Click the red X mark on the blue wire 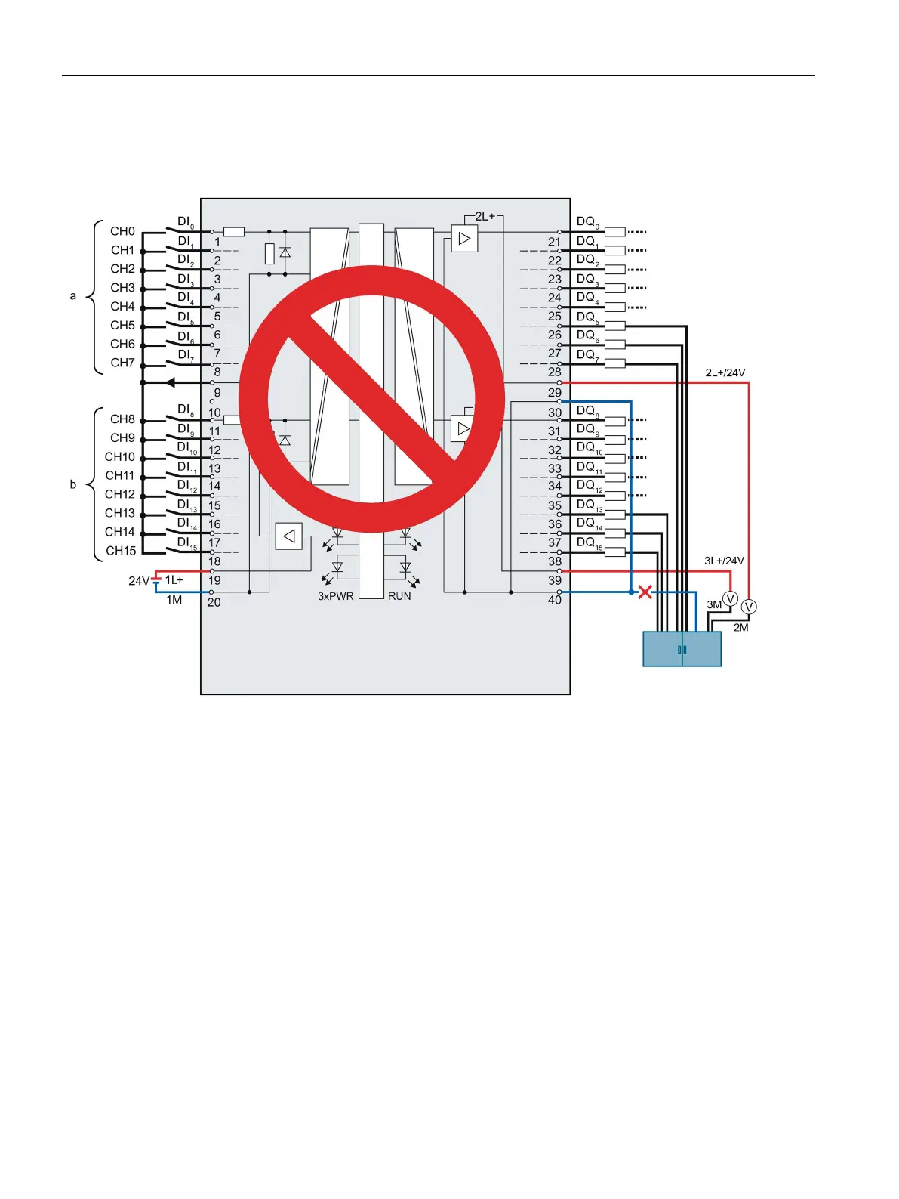click(645, 592)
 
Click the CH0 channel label click(122, 231)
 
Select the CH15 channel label click(121, 551)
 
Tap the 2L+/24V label click(725, 372)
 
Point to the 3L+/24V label click(724, 561)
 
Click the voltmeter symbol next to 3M click(730, 598)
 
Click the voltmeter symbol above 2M click(749, 607)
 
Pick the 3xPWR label click(335, 596)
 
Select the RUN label click(399, 596)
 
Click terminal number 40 click(555, 600)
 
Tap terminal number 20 click(214, 602)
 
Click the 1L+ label click(174, 580)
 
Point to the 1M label click(174, 600)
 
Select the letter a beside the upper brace click(73, 296)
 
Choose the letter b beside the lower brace click(73, 484)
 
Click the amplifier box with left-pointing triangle click(289, 536)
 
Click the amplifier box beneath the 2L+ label click(464, 239)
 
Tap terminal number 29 click(555, 393)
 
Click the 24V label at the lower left click(139, 581)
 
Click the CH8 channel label click(122, 419)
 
